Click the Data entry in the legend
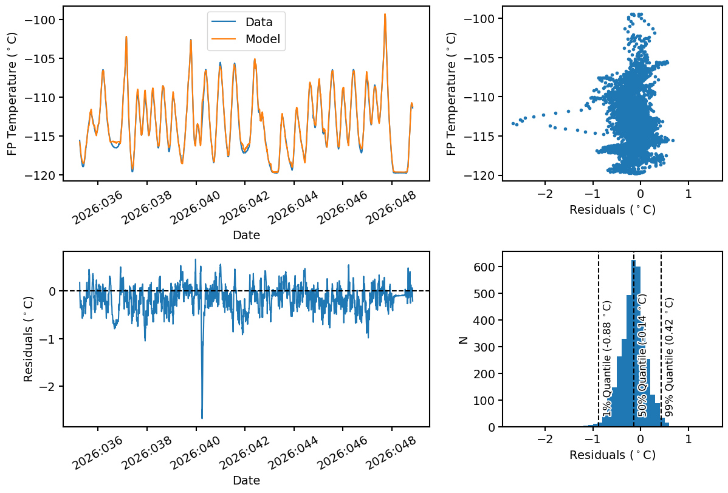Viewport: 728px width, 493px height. (x=258, y=22)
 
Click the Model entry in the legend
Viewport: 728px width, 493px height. (x=263, y=39)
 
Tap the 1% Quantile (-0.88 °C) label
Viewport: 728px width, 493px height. (x=606, y=358)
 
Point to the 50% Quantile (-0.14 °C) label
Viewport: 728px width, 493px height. (x=642, y=355)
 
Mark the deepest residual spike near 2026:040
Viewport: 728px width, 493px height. (x=202, y=417)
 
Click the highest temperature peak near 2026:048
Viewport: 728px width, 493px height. (x=385, y=15)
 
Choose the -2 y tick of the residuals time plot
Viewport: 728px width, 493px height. (x=48, y=386)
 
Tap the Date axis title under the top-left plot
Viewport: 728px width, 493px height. (x=246, y=236)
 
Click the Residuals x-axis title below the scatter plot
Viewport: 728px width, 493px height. (x=612, y=209)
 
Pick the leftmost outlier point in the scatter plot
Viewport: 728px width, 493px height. (x=513, y=123)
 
